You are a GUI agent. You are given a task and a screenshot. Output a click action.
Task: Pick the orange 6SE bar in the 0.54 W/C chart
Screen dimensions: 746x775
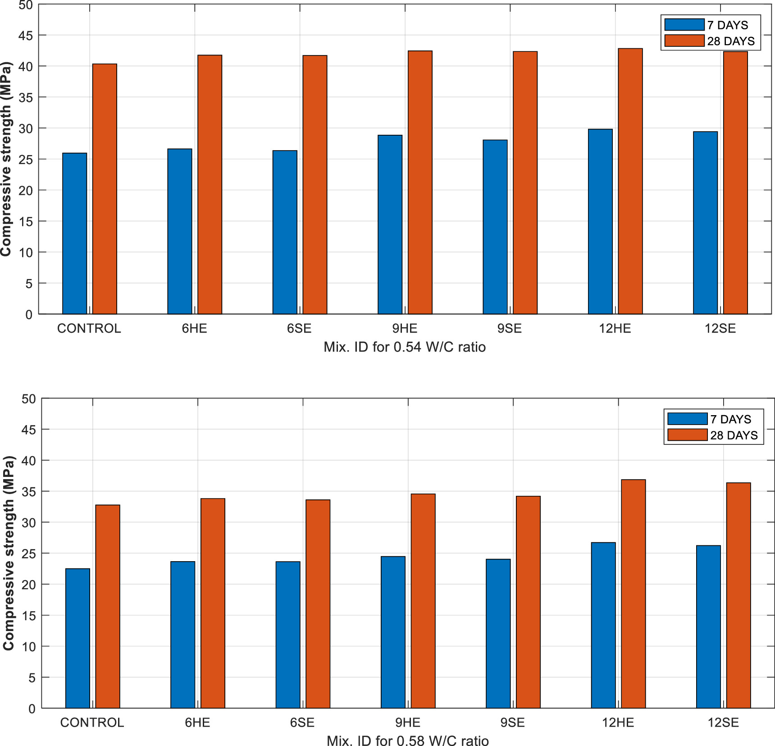pyautogui.click(x=315, y=185)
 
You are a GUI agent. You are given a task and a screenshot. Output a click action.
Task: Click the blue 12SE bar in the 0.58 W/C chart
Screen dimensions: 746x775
pyautogui.click(x=708, y=627)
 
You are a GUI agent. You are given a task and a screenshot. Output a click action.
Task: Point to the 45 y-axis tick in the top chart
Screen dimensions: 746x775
pyautogui.click(x=26, y=36)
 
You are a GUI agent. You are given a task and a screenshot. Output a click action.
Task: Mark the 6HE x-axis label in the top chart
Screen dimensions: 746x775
pyautogui.click(x=194, y=329)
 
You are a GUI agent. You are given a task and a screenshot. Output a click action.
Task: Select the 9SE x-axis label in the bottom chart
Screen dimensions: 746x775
pyautogui.click(x=512, y=723)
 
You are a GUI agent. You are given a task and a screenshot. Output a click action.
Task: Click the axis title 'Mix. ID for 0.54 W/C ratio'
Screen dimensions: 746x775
pyautogui.click(x=404, y=348)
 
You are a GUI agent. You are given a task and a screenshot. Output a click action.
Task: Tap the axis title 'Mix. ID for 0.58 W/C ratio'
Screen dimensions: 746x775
pyautogui.click(x=407, y=741)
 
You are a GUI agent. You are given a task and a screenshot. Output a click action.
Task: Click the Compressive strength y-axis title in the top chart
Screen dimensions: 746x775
pyautogui.click(x=6, y=159)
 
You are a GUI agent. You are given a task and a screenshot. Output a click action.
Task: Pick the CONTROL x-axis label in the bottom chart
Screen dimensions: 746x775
pyautogui.click(x=92, y=723)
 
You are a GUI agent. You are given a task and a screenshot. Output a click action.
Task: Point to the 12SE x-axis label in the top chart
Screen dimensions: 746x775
pyautogui.click(x=720, y=329)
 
